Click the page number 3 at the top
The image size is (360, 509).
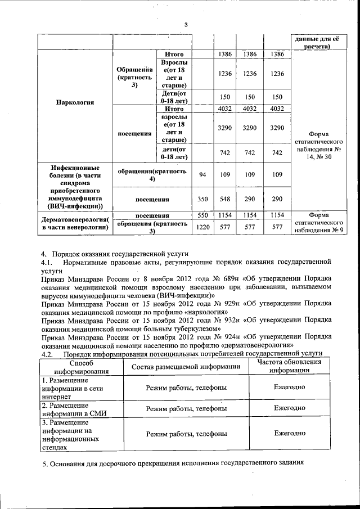186,24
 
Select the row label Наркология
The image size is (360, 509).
75,103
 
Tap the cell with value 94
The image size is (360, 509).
202,175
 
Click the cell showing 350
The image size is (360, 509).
202,199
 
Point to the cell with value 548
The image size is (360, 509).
225,199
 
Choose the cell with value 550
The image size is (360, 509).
202,215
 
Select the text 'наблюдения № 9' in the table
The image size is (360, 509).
318,231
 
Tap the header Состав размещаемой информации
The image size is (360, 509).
186,367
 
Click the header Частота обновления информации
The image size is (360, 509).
290,366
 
